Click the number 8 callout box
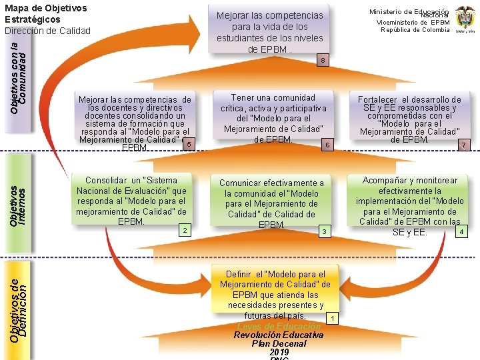(323, 61)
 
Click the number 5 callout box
(189, 144)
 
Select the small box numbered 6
(327, 145)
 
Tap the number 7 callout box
(464, 145)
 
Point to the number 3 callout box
(323, 231)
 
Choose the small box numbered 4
(462, 231)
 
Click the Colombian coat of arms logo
(465, 20)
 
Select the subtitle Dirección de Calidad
(47, 31)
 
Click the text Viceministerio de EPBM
(414, 22)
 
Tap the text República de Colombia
(415, 30)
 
